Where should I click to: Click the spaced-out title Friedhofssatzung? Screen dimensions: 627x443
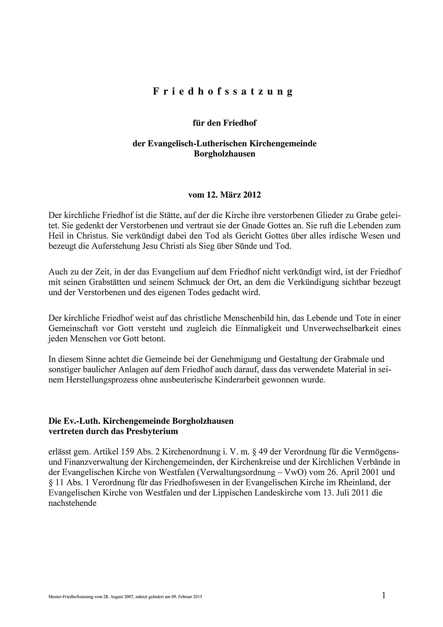coord(223,92)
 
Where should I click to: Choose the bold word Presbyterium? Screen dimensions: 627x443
coord(152,431)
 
